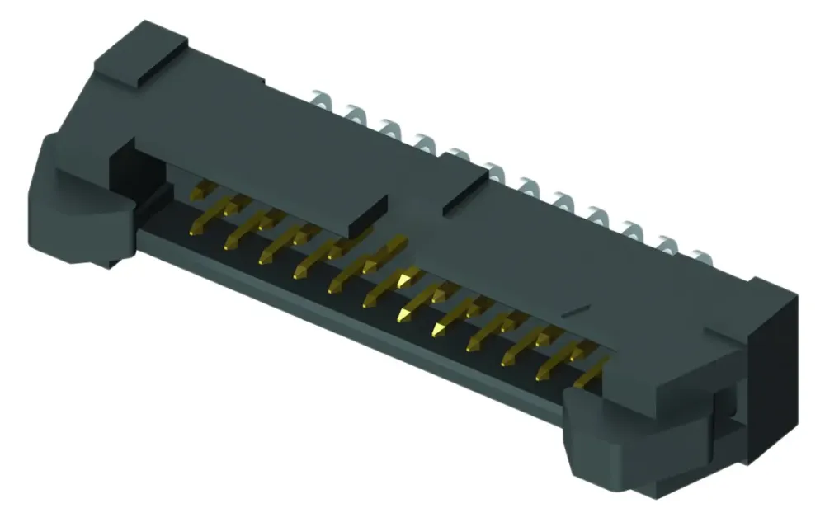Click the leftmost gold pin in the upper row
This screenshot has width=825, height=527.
pos(198,194)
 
